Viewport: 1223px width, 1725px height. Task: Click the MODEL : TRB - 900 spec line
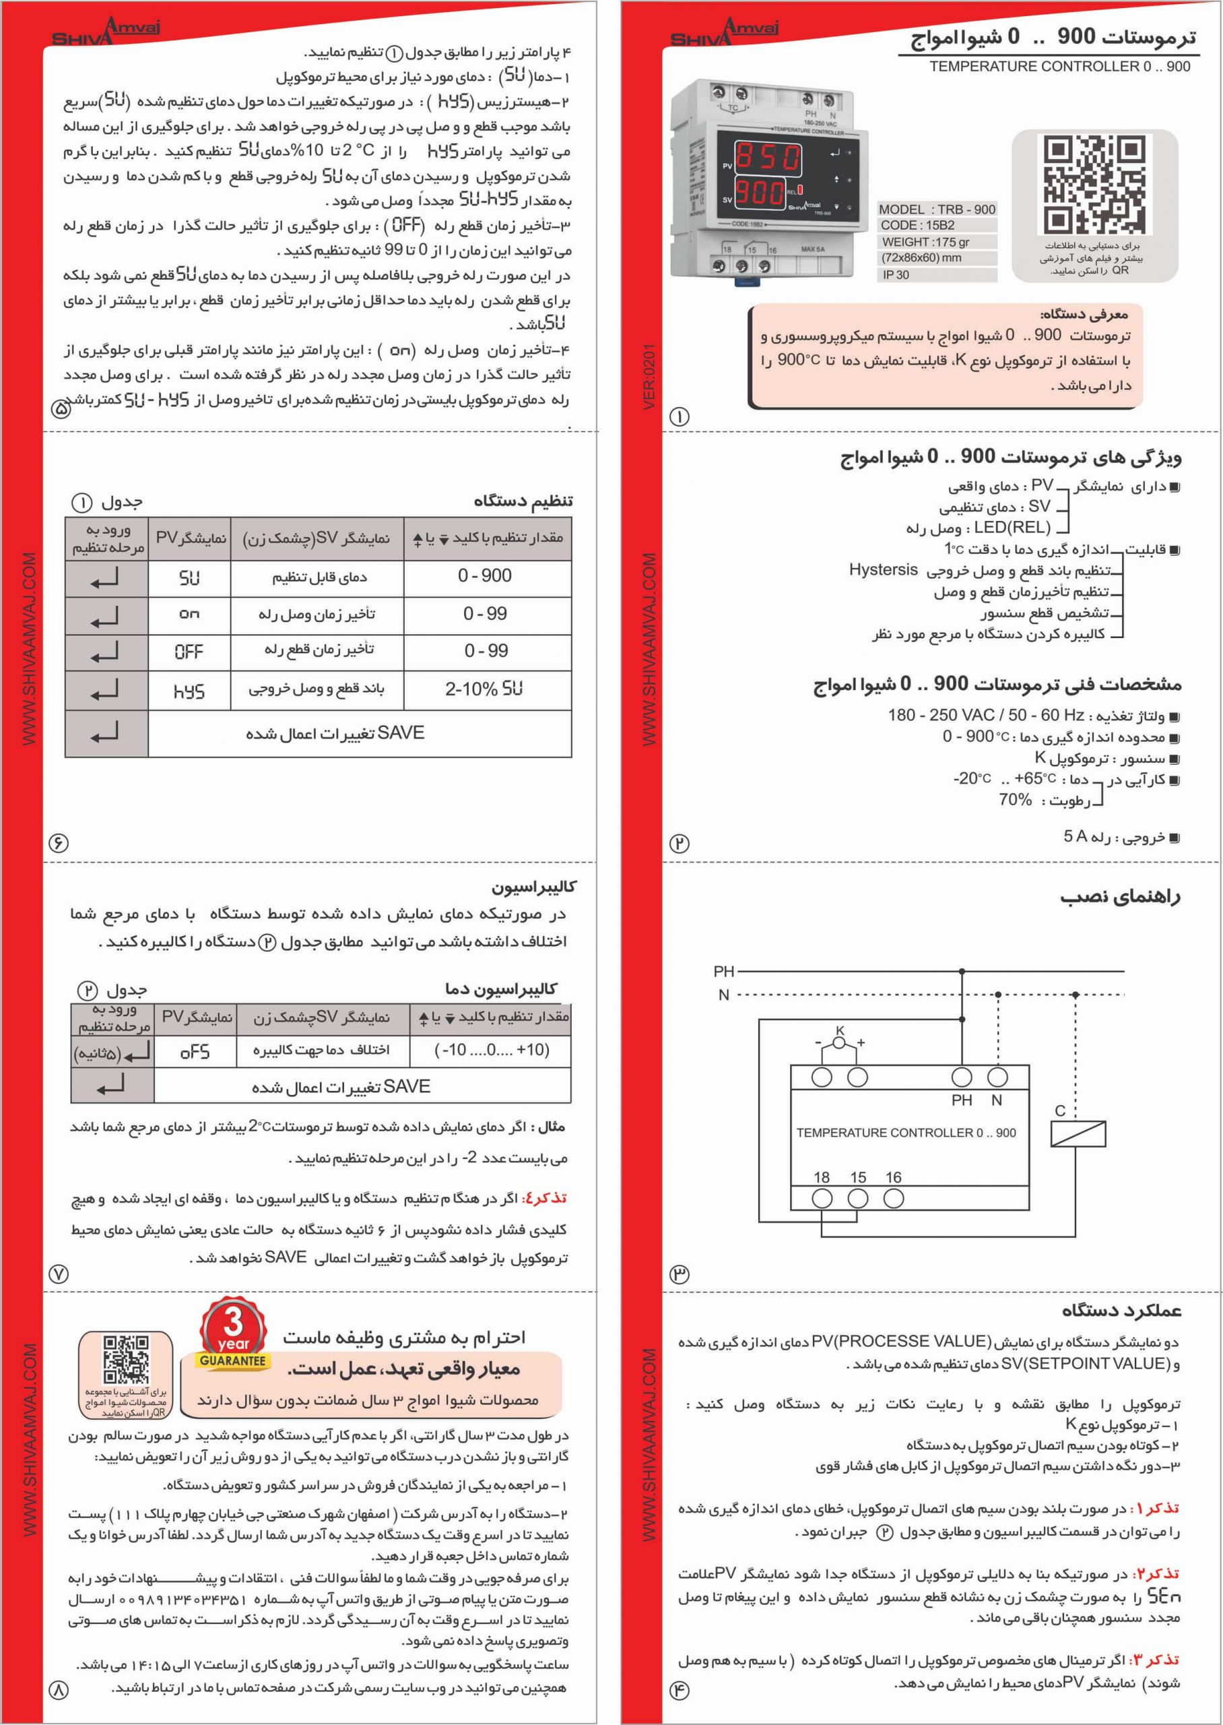coord(937,210)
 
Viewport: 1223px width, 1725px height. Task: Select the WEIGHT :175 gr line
coord(925,242)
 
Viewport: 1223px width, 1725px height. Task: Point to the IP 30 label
coord(896,275)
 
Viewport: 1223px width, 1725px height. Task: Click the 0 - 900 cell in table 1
coord(485,575)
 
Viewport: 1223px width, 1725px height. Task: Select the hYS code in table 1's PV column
coord(189,691)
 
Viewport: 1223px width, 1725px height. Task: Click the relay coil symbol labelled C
coord(1078,1133)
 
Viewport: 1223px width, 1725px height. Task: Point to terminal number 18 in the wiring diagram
coord(821,1177)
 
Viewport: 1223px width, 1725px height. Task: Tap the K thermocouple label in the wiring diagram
coord(840,1030)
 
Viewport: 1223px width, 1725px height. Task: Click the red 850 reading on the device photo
coord(767,158)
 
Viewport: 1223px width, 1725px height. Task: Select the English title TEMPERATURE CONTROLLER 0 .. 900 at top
coord(1059,66)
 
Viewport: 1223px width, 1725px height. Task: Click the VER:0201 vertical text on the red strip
coord(649,377)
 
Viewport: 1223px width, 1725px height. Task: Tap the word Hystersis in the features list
coord(884,569)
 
